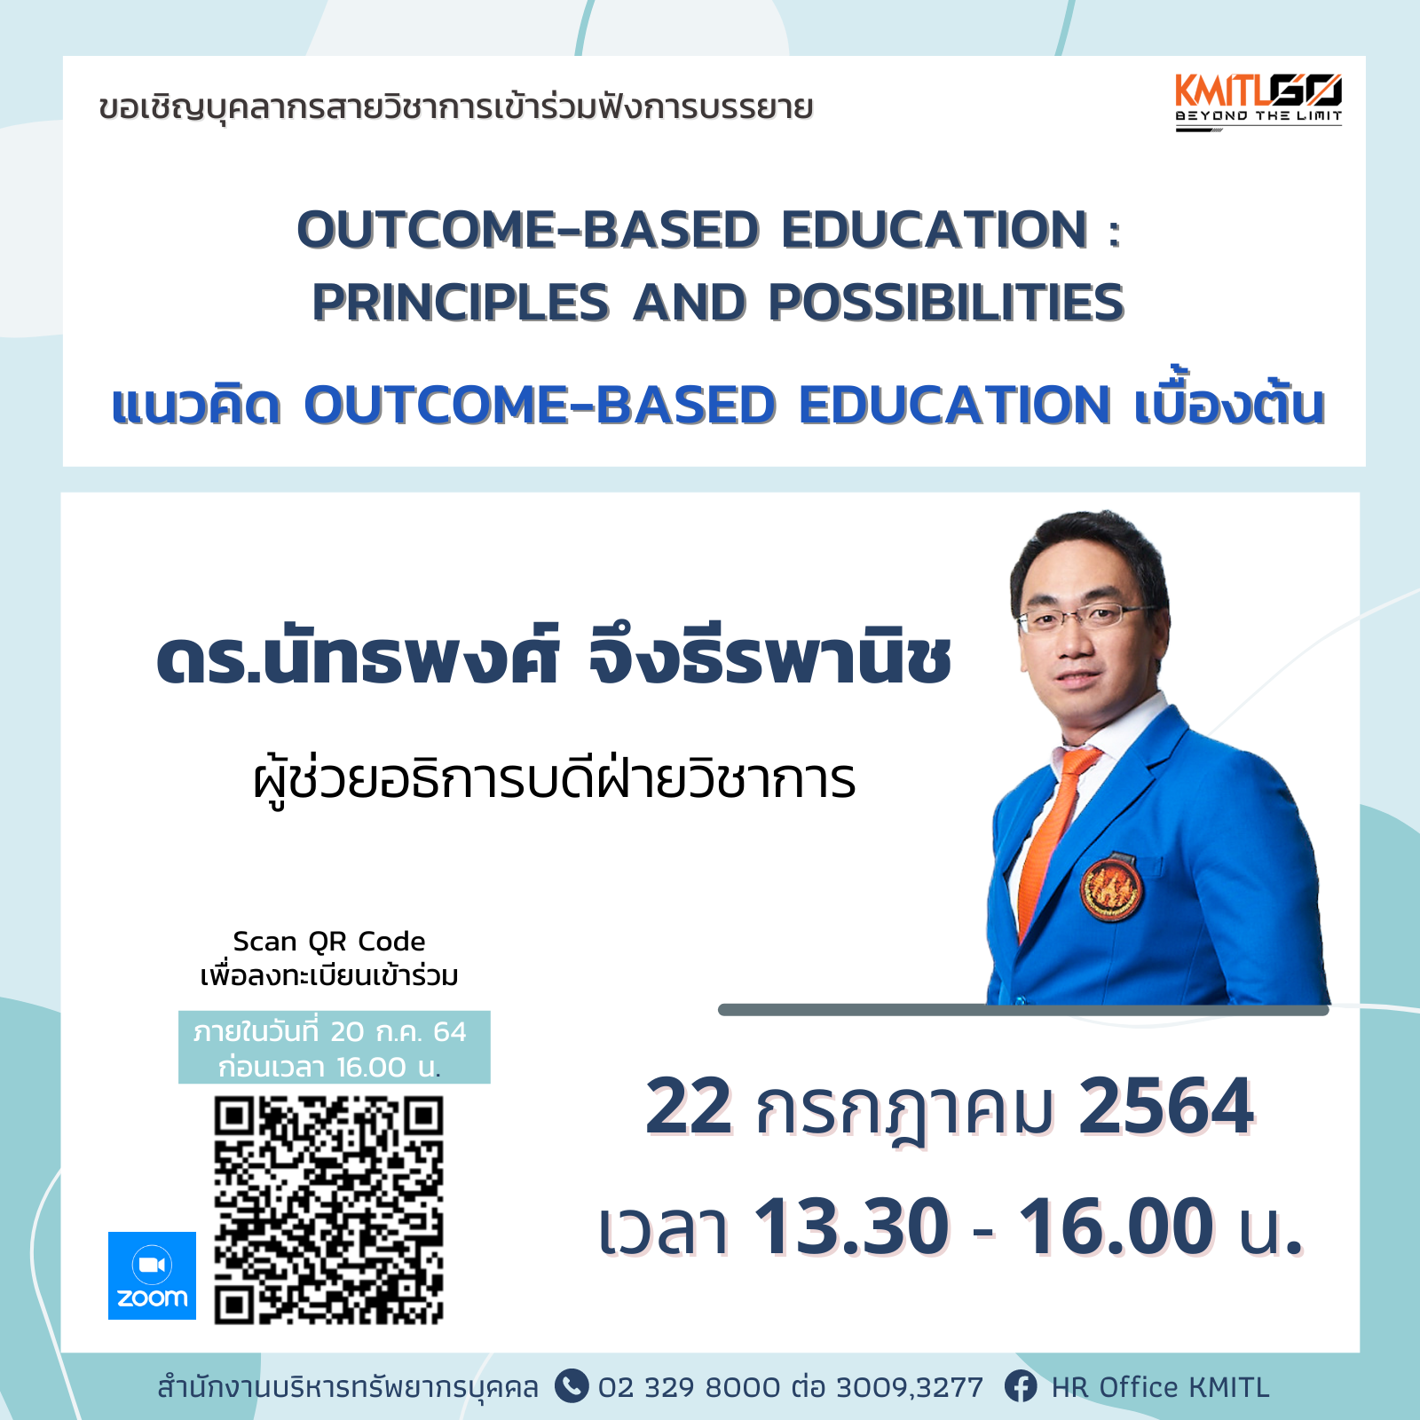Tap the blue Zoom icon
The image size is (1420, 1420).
click(152, 1275)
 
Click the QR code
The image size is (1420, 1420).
click(328, 1211)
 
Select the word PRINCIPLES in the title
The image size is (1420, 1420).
click(461, 303)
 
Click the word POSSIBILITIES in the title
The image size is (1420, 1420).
click(946, 303)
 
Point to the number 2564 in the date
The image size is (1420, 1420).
click(1166, 1106)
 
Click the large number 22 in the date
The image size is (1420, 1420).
click(690, 1106)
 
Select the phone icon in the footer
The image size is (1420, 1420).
click(572, 1386)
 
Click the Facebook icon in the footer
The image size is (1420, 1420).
click(1021, 1386)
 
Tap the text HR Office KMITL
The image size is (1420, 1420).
click(1160, 1387)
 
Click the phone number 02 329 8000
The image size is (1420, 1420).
click(690, 1387)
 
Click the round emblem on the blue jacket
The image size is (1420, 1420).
click(1110, 887)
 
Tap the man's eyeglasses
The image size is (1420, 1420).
click(1085, 616)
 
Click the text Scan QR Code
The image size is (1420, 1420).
click(329, 941)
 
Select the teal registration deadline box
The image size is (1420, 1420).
click(335, 1047)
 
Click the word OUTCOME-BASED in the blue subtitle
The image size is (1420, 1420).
click(540, 405)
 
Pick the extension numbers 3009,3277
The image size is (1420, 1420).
click(910, 1387)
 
